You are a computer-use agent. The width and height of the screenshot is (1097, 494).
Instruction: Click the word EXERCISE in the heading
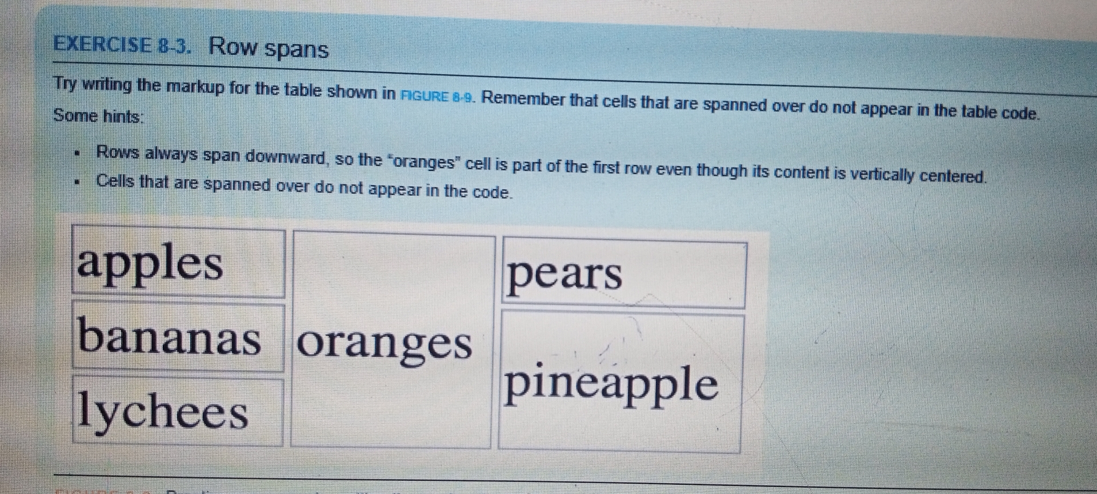tap(102, 45)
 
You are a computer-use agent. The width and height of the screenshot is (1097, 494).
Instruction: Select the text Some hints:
tap(98, 116)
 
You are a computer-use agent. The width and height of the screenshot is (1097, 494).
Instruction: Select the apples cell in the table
tap(178, 263)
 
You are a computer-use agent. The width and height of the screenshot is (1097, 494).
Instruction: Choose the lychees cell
tap(177, 411)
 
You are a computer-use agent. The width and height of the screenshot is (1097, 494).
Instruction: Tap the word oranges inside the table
tap(385, 343)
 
